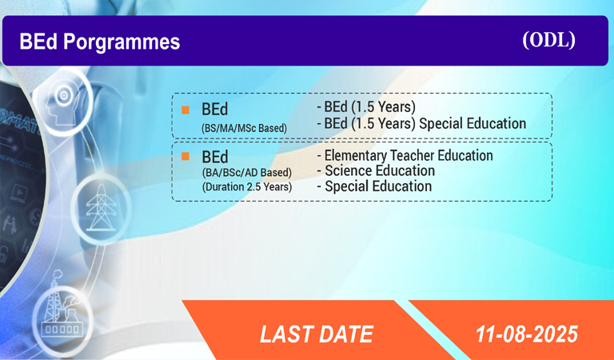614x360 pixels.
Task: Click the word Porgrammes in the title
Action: tap(122, 42)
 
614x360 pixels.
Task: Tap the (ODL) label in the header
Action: tap(548, 39)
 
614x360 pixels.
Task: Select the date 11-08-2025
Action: tap(527, 334)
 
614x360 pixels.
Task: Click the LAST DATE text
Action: tap(317, 334)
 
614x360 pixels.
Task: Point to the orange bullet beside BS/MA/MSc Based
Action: tap(185, 110)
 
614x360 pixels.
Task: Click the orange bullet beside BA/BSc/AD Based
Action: tap(185, 157)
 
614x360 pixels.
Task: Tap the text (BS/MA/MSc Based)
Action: tap(244, 128)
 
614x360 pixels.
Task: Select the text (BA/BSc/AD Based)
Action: tap(247, 172)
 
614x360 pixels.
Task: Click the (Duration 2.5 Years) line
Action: tap(247, 186)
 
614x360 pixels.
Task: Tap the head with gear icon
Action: tap(62, 102)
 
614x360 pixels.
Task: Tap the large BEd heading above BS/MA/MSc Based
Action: tap(214, 110)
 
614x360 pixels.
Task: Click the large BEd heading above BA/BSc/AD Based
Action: tap(214, 157)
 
